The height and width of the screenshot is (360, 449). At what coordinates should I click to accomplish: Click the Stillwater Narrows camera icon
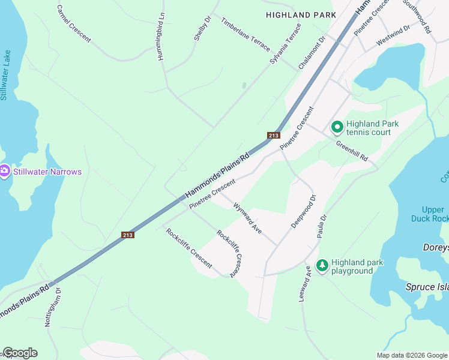(x=5, y=172)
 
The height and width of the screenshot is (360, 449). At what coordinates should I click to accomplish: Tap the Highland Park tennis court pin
(x=337, y=127)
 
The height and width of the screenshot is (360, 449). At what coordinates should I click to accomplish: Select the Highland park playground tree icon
(x=322, y=265)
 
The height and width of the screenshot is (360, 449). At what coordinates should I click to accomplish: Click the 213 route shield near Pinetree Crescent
(x=274, y=136)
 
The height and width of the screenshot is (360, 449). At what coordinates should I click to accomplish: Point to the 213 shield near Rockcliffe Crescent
(x=127, y=234)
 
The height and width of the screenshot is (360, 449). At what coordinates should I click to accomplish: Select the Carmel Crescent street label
(x=74, y=24)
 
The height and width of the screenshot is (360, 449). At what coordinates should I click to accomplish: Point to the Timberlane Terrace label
(x=246, y=33)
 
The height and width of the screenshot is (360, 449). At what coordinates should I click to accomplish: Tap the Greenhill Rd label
(x=352, y=152)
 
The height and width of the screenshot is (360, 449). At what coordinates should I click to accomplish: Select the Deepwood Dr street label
(x=303, y=211)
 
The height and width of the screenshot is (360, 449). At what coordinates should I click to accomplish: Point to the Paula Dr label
(x=322, y=226)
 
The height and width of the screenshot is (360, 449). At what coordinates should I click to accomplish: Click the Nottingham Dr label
(x=53, y=310)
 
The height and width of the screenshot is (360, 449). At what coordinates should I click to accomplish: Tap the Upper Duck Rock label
(x=432, y=214)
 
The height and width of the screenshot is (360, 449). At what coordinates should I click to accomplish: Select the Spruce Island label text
(x=427, y=287)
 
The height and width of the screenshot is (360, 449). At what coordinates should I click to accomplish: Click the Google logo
(x=20, y=353)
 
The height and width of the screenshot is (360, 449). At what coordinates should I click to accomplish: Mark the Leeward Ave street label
(x=305, y=283)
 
